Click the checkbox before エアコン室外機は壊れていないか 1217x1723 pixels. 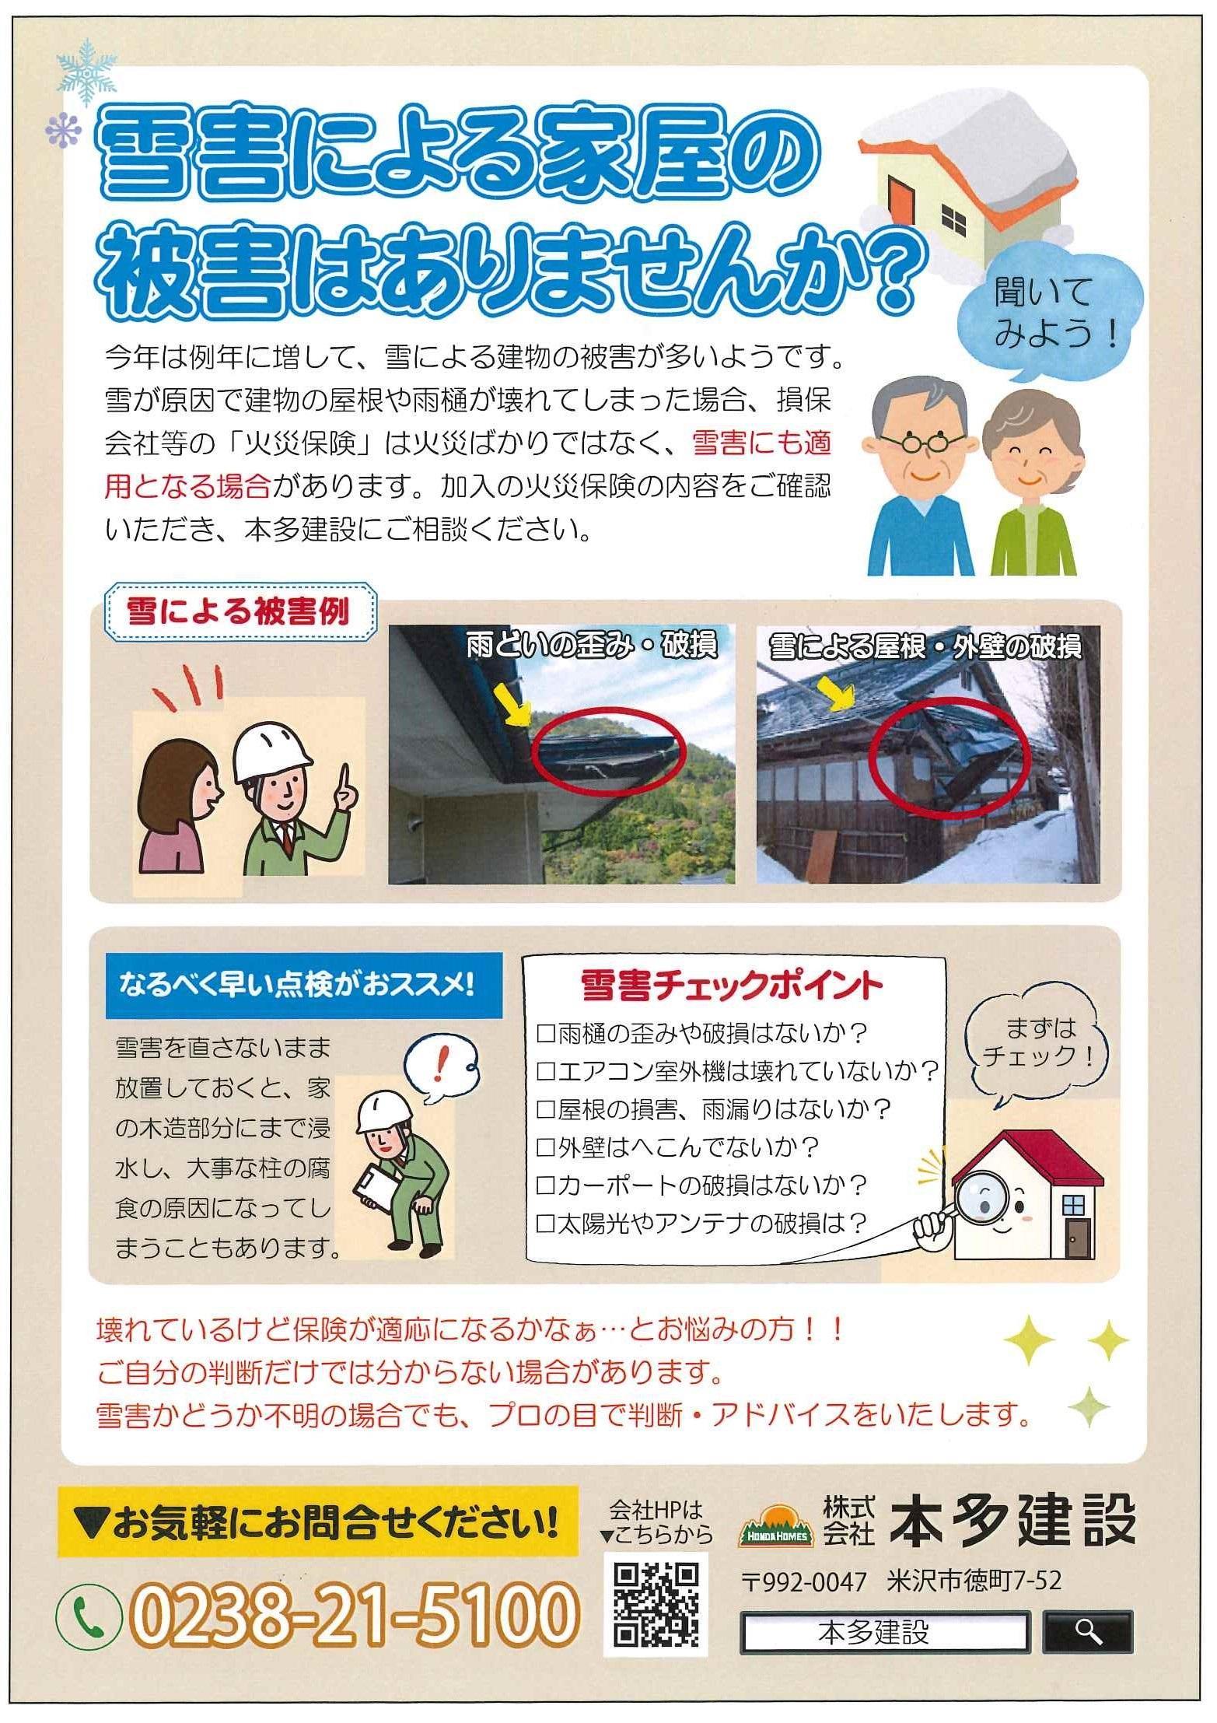click(x=545, y=1072)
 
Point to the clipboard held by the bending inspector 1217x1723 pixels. click(x=375, y=1189)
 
